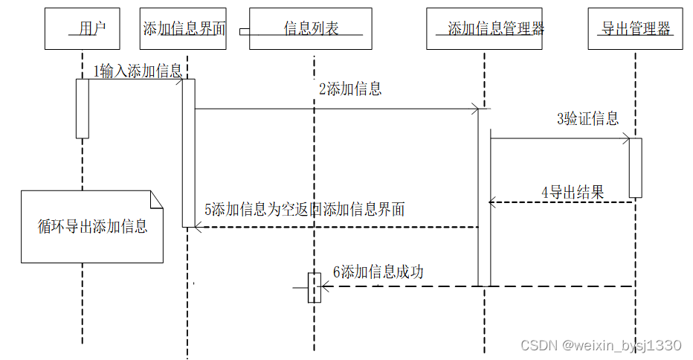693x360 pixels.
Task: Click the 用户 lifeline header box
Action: (x=83, y=29)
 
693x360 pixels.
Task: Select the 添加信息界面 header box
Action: (x=182, y=29)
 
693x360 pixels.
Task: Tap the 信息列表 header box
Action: (x=310, y=29)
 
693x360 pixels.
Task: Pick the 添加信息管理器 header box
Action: (x=484, y=29)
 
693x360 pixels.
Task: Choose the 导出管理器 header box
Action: (x=635, y=29)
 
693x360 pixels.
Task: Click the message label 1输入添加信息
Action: (x=138, y=71)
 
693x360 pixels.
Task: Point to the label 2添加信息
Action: (x=350, y=89)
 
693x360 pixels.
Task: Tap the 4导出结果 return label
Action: (x=573, y=192)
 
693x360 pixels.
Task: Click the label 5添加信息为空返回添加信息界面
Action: (x=305, y=209)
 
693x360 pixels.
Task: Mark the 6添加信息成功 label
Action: (x=378, y=272)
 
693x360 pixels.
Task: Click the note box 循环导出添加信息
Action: (x=92, y=227)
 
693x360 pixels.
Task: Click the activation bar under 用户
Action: (x=83, y=109)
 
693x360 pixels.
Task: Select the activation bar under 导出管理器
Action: (x=636, y=167)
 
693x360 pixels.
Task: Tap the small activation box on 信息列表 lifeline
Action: (x=315, y=287)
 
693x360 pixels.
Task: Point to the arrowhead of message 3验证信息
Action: (x=627, y=138)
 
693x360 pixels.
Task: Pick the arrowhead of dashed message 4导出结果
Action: (x=491, y=202)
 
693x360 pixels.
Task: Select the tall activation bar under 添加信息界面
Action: (x=188, y=152)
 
